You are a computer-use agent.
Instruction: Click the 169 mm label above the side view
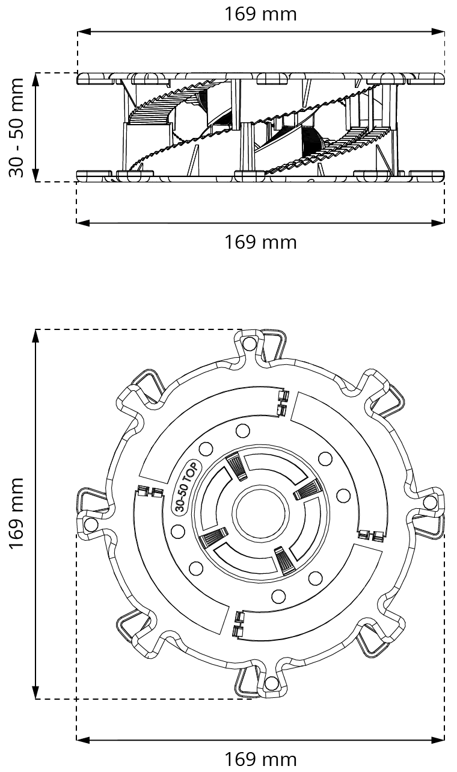[x=260, y=14]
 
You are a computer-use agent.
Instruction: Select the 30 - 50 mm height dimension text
[x=16, y=128]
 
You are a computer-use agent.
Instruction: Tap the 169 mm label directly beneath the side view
[x=260, y=242]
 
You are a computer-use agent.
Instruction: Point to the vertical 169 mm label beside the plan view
[x=16, y=513]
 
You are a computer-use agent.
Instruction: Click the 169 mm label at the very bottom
[x=260, y=758]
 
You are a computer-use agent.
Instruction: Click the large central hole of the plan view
[x=260, y=513]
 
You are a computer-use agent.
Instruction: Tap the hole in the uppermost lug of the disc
[x=249, y=343]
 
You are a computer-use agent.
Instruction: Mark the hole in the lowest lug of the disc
[x=271, y=683]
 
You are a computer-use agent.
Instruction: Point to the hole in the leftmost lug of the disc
[x=91, y=525]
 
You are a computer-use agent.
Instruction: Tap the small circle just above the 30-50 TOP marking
[x=204, y=449]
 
